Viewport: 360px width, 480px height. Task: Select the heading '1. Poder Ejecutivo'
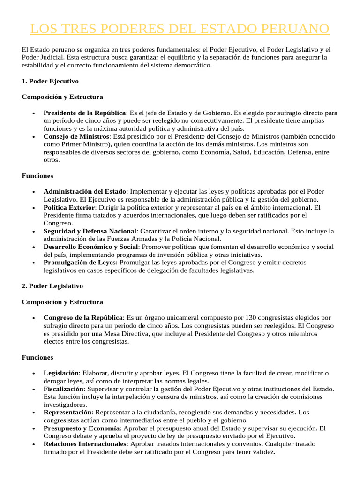coord(50,81)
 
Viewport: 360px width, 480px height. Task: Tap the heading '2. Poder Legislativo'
coord(52,285)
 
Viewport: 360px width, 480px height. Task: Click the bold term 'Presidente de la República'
coord(84,113)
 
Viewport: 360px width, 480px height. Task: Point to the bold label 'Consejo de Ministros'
coord(76,136)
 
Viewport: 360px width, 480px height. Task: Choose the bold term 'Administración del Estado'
coord(85,191)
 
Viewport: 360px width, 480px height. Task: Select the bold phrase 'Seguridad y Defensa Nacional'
coord(90,231)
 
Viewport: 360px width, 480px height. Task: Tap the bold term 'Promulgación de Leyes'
coord(79,262)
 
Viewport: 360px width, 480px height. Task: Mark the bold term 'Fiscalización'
coord(64,389)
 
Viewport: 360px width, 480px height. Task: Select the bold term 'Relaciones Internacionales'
coord(85,444)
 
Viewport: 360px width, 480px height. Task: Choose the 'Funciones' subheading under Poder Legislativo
coord(37,357)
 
